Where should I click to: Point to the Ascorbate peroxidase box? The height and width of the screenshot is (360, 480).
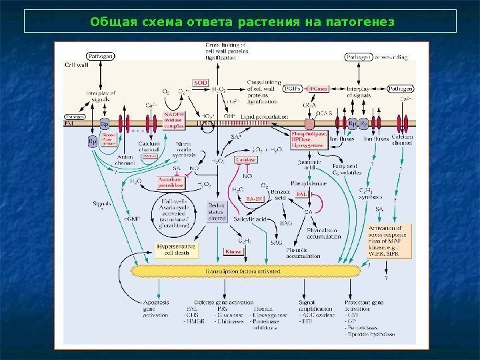[171, 181]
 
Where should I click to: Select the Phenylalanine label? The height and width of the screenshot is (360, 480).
[307, 182]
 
